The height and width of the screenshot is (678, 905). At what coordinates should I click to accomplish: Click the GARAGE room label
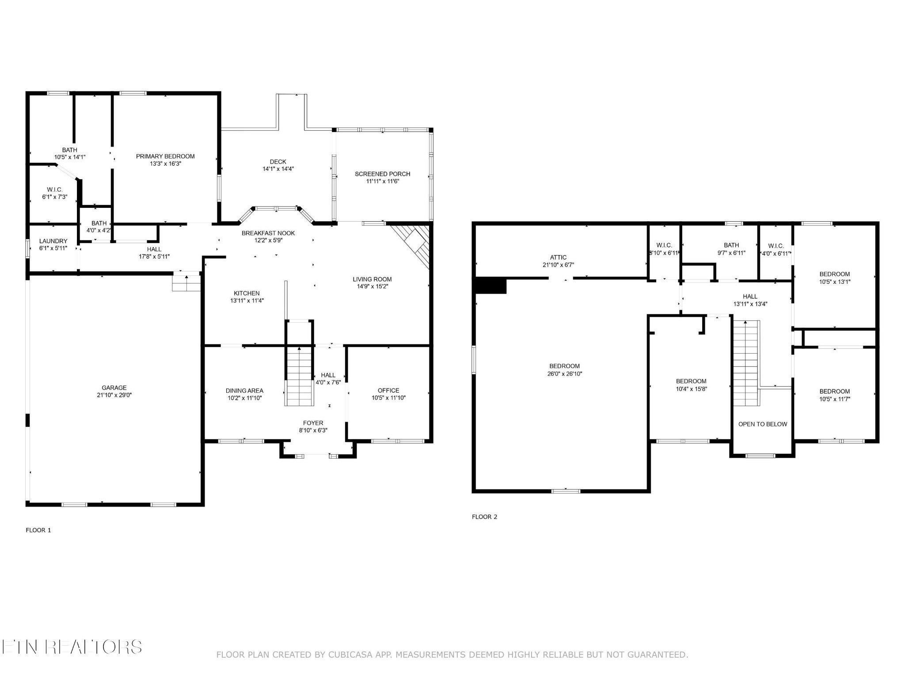point(114,388)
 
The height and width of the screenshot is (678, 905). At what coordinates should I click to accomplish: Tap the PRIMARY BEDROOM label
point(165,156)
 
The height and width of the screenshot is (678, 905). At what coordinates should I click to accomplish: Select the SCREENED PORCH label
point(383,174)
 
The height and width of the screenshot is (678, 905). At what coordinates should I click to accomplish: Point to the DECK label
point(278,162)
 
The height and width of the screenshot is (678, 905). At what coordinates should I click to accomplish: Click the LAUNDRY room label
point(53,241)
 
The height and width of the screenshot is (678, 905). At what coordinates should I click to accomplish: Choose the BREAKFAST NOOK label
point(268,233)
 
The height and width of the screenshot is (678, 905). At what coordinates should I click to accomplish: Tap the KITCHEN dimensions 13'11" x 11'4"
point(247,301)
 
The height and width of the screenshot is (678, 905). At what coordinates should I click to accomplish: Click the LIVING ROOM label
point(372,279)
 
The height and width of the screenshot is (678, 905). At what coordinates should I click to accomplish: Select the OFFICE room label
point(388,390)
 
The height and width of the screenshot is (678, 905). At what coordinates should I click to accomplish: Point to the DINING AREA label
point(244,391)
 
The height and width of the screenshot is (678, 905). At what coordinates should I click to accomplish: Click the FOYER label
point(313,423)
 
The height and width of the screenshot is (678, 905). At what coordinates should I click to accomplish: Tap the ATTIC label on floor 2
point(558,257)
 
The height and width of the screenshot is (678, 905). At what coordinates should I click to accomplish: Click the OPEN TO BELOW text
point(763,424)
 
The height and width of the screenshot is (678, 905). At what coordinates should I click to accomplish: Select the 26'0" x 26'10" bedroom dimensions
point(564,373)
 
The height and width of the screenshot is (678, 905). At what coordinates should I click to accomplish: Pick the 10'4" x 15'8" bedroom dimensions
point(691,389)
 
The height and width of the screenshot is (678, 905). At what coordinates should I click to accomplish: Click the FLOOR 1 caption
point(38,530)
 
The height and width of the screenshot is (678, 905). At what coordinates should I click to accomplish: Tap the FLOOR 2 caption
point(484,517)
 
